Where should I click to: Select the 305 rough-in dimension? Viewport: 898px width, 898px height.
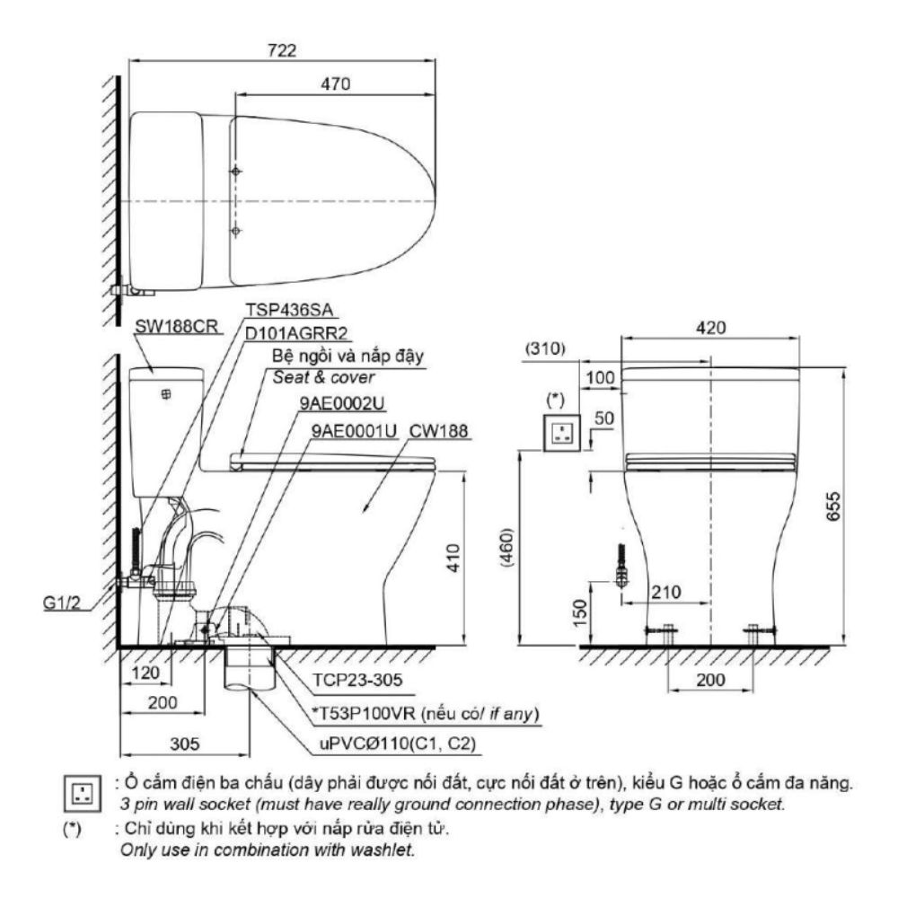point(184,744)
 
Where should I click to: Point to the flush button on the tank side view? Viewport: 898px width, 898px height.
point(165,394)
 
